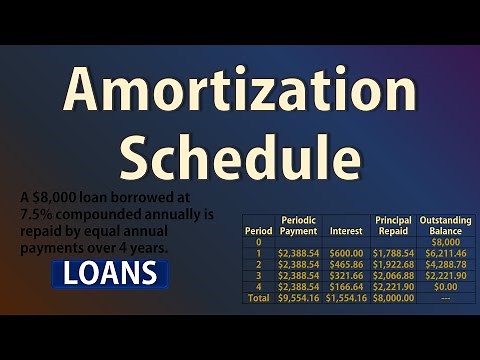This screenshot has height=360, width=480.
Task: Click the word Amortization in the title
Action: click(240, 92)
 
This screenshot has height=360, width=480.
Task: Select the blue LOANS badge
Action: click(110, 273)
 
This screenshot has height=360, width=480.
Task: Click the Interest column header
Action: click(346, 230)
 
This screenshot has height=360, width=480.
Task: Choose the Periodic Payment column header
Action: click(298, 225)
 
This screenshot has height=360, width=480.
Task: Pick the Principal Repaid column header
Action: click(393, 225)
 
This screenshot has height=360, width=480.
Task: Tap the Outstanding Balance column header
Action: click(445, 225)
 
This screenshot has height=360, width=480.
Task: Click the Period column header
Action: click(258, 230)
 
